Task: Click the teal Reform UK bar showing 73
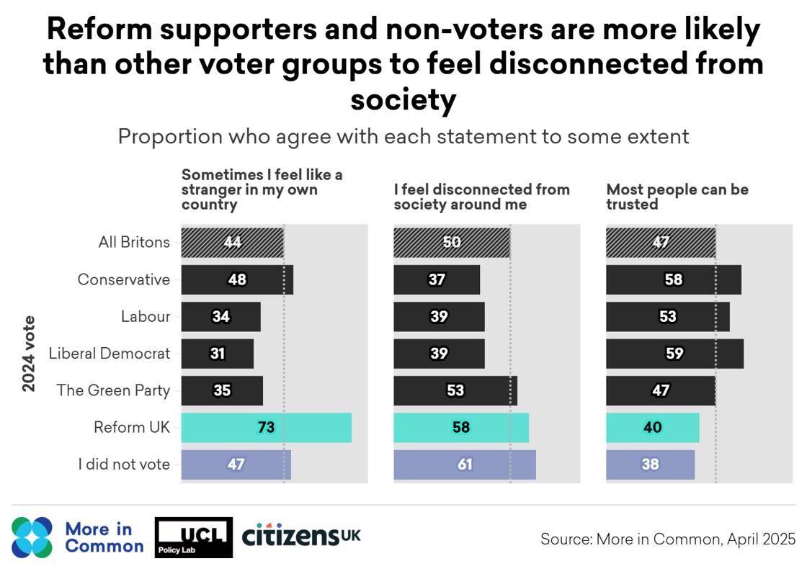pos(266,427)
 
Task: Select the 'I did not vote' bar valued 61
pos(465,465)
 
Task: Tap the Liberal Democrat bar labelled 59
pos(674,353)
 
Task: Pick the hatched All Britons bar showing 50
pos(452,242)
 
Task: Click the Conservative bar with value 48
pos(236,279)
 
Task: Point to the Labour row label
pos(146,317)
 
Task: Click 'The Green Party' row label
pos(113,390)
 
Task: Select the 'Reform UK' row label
pos(132,427)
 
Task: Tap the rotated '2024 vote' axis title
pos(29,354)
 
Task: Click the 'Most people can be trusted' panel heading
pos(677,197)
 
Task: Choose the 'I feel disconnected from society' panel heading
pos(481,197)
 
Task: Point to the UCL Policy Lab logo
pos(194,537)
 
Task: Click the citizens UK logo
pos(301,535)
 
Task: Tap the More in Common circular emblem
pos(32,537)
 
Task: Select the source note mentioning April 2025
pos(668,539)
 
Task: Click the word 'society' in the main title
pos(403,100)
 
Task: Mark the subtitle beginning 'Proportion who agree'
pos(403,136)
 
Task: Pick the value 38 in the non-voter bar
pos(650,465)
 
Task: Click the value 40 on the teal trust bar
pos(653,427)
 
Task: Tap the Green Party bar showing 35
pos(222,390)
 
